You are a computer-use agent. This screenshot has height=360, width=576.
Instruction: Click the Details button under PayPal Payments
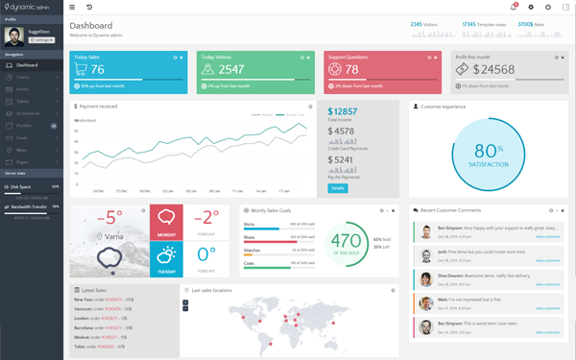tap(337, 188)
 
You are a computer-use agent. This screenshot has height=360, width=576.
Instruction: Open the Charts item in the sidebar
tap(23, 77)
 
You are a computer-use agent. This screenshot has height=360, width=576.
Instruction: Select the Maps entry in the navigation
tap(22, 150)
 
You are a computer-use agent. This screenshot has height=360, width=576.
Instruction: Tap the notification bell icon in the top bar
tap(514, 7)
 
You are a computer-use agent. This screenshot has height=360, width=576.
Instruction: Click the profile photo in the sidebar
tap(14, 36)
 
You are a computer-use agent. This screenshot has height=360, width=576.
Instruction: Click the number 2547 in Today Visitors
tap(231, 70)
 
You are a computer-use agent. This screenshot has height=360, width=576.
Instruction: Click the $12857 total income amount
tap(343, 112)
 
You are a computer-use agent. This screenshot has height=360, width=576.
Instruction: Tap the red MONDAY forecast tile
tap(167, 222)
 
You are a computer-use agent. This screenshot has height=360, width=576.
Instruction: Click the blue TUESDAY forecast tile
tap(167, 258)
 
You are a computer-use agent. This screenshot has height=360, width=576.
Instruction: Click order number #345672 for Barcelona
tap(113, 328)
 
